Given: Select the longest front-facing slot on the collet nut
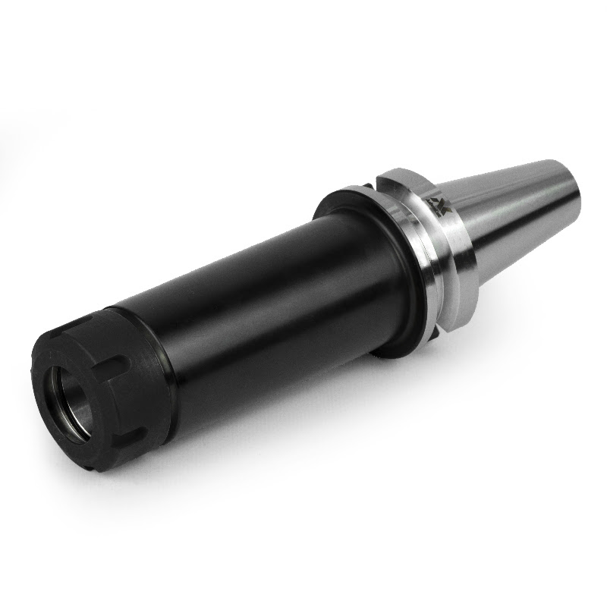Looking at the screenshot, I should [115, 379].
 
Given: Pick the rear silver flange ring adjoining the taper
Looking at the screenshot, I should [455, 243].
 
